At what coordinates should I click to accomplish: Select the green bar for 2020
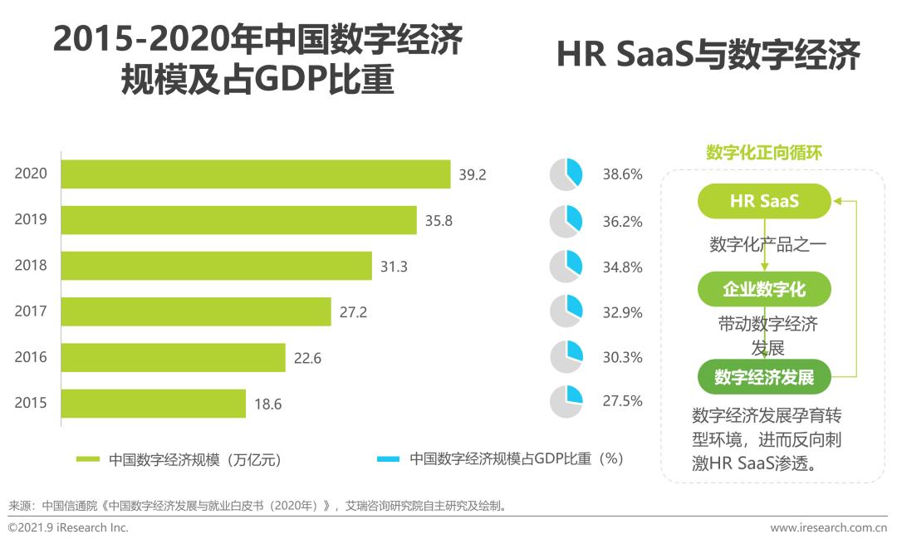coord(256,174)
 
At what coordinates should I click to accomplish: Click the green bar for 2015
coord(154,404)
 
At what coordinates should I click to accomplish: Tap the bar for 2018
coord(217,266)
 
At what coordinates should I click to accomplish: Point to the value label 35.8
coord(440,220)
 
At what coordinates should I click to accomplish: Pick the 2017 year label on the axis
coord(31,311)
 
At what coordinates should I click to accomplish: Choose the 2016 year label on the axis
coord(31,358)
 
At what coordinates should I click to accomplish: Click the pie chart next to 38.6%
coord(567,174)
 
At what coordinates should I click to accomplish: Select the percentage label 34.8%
coord(622,267)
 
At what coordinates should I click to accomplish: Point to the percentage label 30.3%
coord(622,357)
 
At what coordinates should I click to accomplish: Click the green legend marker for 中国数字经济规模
coord(88,459)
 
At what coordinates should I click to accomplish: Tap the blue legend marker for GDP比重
coord(388,459)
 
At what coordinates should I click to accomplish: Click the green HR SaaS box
coord(764,201)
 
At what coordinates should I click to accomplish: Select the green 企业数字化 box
coord(764,289)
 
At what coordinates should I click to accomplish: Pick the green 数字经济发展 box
coord(764,377)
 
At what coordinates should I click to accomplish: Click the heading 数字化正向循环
coord(764,153)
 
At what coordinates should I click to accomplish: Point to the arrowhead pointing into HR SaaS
coord(837,201)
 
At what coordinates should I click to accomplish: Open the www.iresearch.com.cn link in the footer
coord(828,528)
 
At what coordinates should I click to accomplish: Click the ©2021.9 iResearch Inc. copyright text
coord(68,528)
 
